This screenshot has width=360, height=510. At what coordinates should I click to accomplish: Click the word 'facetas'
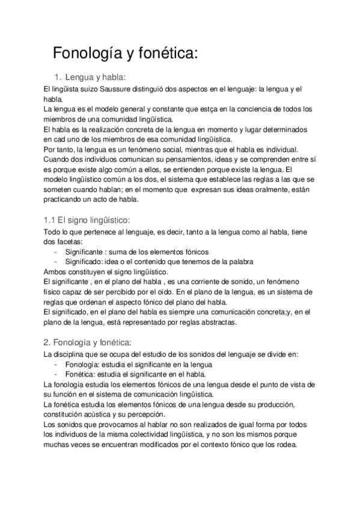[64, 242]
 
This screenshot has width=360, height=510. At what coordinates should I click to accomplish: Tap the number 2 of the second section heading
[47, 343]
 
